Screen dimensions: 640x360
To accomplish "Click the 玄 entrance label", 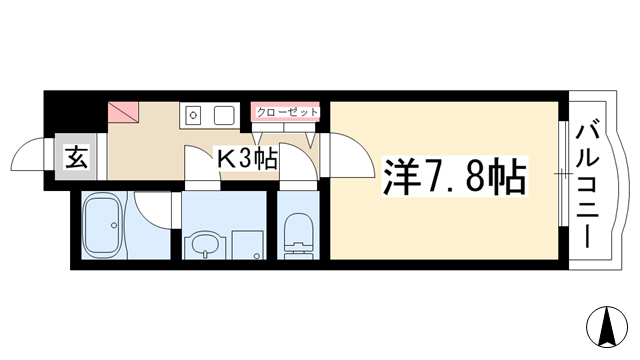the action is point(76,158).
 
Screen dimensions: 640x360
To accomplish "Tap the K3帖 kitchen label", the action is point(247,159).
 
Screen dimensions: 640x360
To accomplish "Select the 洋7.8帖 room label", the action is point(454,176).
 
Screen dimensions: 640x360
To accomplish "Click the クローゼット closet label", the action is point(287,112).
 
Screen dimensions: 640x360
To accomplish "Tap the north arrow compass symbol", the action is point(607,327).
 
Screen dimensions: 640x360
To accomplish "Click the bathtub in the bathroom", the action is point(103,224).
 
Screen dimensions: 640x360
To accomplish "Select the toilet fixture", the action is point(298,236).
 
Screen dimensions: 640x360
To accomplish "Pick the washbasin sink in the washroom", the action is point(204,244).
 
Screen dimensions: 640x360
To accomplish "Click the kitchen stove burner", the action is point(193,116).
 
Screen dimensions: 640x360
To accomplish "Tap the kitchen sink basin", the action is point(224,115).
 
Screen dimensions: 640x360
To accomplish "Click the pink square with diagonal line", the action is point(123,112).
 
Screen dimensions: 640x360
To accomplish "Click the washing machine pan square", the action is point(247,244).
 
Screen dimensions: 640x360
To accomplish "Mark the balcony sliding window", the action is point(563,173).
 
